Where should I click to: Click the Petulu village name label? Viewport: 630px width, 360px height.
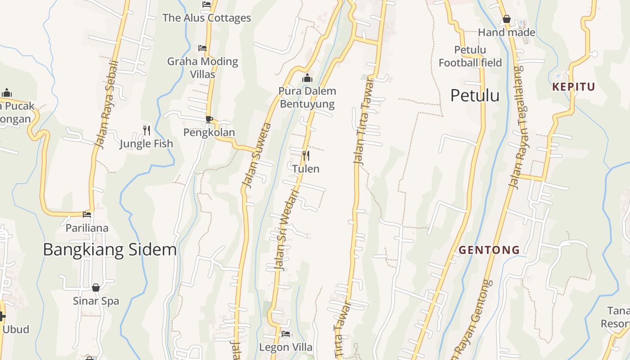click(x=475, y=95)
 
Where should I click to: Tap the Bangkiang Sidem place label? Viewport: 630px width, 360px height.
click(x=110, y=249)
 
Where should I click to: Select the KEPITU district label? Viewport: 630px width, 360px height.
click(x=573, y=87)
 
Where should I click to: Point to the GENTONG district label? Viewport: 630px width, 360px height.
click(x=489, y=250)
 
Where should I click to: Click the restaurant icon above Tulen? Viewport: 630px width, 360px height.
click(x=306, y=156)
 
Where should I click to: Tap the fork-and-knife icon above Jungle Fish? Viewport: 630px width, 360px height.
click(x=147, y=130)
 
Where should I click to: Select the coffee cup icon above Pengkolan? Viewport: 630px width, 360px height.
click(x=209, y=119)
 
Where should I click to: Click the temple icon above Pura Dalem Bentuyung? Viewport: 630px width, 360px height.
click(x=307, y=78)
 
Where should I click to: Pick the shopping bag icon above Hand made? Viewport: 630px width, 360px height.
click(x=506, y=19)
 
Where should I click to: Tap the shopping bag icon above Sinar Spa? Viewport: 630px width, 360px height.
click(x=96, y=287)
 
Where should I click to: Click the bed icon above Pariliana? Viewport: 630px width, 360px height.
click(x=87, y=214)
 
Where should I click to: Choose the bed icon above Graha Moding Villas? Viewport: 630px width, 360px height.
click(x=202, y=48)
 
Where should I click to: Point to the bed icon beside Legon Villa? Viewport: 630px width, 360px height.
click(x=286, y=334)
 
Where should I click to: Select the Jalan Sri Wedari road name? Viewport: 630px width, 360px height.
click(x=287, y=230)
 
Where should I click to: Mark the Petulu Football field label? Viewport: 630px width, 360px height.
click(x=470, y=56)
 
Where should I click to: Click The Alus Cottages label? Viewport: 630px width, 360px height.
click(x=207, y=18)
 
